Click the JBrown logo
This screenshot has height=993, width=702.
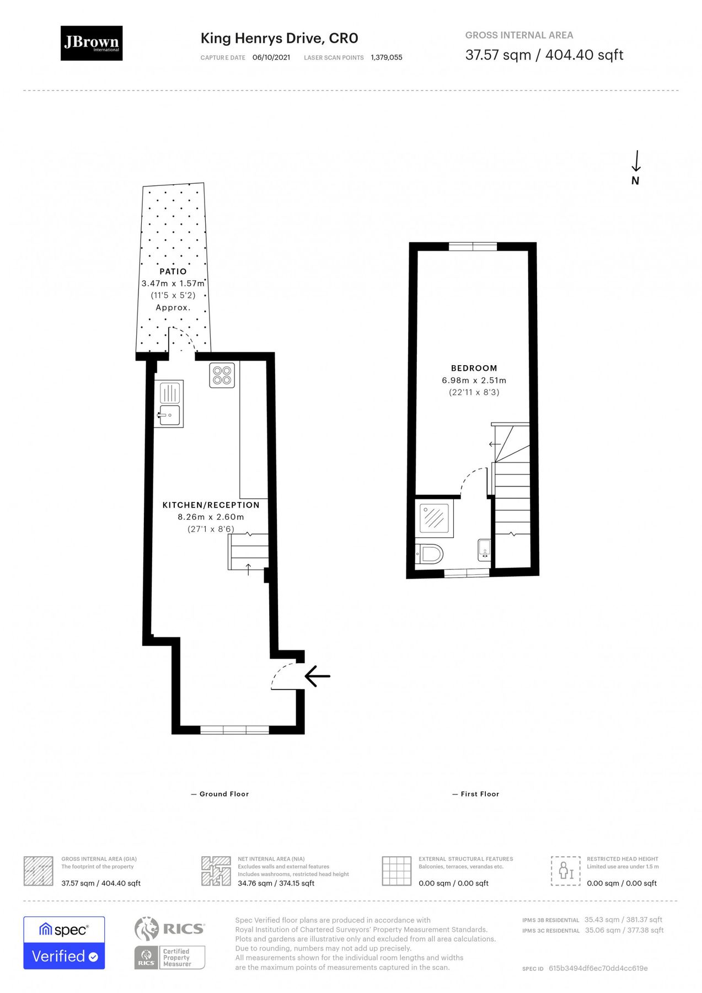[92, 43]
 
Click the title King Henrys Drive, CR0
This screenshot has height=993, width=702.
[279, 38]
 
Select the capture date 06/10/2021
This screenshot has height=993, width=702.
[271, 57]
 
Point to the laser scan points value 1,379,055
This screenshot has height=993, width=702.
[386, 57]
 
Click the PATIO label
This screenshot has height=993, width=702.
[173, 271]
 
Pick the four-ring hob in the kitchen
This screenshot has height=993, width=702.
[222, 375]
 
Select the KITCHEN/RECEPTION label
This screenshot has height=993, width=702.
[211, 505]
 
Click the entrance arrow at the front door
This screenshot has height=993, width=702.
[317, 676]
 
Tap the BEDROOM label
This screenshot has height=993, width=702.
[474, 368]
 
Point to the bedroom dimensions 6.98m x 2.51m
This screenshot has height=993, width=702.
[474, 380]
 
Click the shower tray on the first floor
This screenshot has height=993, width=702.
[435, 519]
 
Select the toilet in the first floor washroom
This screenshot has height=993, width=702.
[430, 554]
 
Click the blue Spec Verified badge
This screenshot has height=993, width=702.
[64, 943]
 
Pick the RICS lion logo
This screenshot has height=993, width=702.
[147, 928]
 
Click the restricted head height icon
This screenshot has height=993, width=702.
[566, 871]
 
